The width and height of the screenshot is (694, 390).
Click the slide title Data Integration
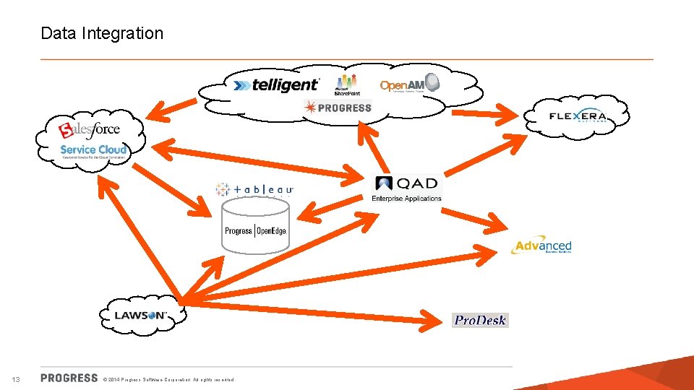(102, 33)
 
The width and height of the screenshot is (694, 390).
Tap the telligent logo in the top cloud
(276, 84)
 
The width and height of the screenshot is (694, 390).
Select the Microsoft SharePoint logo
(347, 84)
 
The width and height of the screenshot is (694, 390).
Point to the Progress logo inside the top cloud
(338, 108)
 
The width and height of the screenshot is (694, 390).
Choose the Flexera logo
(578, 116)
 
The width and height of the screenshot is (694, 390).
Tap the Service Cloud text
(93, 149)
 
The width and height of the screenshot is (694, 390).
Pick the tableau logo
(254, 189)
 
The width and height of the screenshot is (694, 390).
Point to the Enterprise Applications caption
(406, 199)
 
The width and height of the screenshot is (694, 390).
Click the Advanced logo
(542, 246)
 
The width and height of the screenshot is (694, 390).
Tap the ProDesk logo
(480, 320)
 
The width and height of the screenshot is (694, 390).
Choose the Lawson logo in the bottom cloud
(141, 316)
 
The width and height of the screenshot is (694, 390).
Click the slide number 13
(16, 379)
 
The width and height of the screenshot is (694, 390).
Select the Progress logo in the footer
(69, 378)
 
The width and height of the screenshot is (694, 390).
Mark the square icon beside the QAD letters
(383, 184)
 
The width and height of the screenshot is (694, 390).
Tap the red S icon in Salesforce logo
(67, 131)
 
